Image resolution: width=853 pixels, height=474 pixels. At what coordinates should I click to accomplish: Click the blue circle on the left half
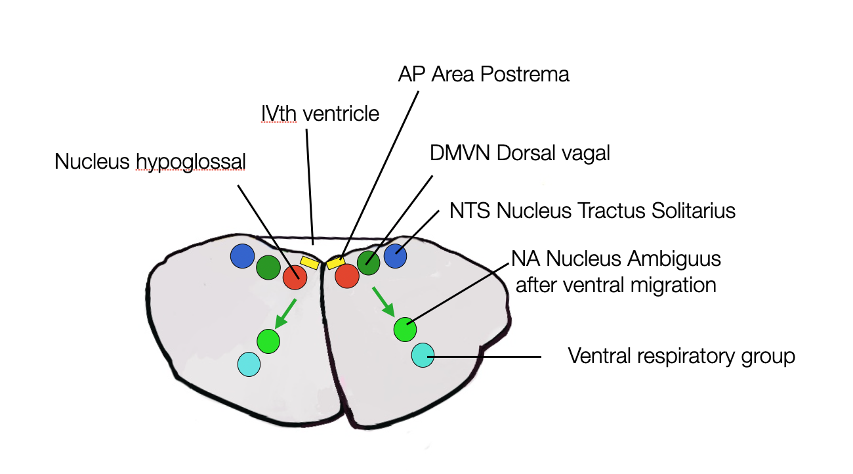click(x=242, y=256)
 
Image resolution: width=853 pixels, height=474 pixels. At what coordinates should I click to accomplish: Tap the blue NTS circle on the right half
click(x=396, y=256)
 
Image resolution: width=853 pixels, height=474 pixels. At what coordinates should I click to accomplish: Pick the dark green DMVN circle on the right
click(x=369, y=263)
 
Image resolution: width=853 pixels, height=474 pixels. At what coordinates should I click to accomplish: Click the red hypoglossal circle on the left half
click(x=295, y=277)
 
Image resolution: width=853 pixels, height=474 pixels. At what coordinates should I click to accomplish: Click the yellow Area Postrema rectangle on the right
click(x=336, y=263)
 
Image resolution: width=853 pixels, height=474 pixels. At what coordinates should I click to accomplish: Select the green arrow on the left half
click(x=285, y=312)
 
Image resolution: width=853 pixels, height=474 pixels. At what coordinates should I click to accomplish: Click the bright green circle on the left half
click(x=268, y=341)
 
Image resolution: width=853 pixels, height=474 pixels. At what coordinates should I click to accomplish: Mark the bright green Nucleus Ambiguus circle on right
click(x=405, y=329)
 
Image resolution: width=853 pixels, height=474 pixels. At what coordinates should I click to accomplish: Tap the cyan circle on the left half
click(x=249, y=364)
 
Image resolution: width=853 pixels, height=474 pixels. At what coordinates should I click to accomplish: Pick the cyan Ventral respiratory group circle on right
click(x=423, y=356)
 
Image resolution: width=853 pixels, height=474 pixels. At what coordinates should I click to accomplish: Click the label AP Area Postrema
click(x=484, y=74)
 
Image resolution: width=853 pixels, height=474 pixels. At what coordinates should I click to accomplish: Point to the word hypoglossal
click(x=190, y=162)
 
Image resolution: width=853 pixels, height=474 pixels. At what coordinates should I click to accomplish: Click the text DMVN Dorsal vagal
click(x=520, y=153)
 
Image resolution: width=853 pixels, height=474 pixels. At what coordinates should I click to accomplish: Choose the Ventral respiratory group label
click(x=681, y=356)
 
